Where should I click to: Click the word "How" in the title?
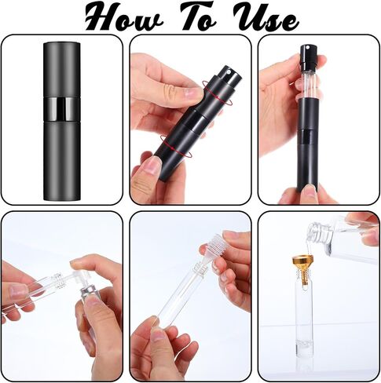tap(123, 18)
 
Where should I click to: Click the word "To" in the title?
tap(197, 16)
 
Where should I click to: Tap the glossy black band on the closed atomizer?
tap(62, 109)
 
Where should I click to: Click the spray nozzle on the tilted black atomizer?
tap(229, 73)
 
